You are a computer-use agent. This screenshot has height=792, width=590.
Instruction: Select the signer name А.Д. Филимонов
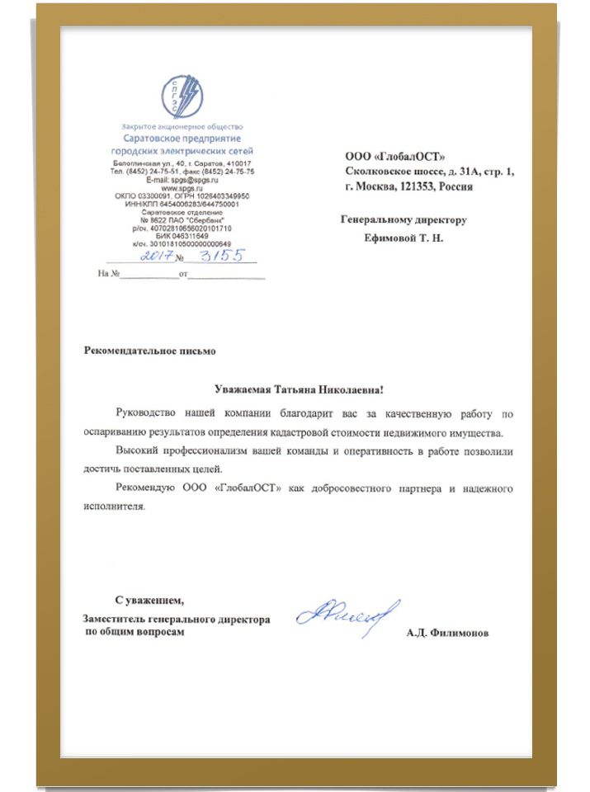tap(447, 634)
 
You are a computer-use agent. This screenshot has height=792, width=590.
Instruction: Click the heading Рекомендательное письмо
tap(150, 351)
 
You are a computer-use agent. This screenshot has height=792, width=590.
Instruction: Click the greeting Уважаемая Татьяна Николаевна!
tap(299, 388)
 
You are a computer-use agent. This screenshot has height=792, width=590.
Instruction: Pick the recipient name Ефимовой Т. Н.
tap(404, 238)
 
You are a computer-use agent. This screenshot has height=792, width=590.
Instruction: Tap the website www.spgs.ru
tap(182, 187)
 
